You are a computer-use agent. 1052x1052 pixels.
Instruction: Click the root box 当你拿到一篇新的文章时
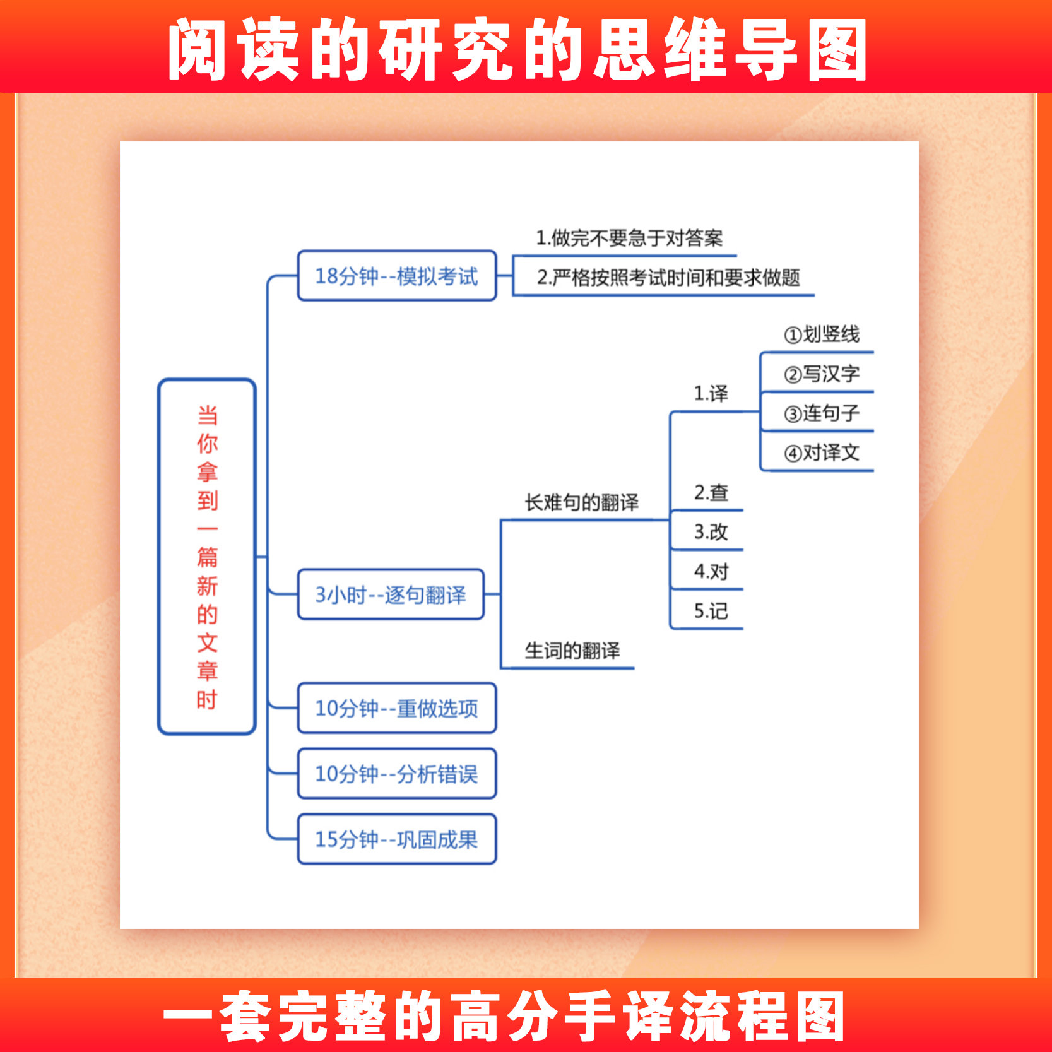coord(207,557)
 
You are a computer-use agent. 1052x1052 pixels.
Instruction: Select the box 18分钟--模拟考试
coord(396,276)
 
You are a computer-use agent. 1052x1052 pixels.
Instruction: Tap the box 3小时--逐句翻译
coord(391,594)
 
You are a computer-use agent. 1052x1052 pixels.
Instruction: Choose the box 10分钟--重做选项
coord(396,708)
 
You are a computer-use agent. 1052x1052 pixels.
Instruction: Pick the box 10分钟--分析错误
coord(396,774)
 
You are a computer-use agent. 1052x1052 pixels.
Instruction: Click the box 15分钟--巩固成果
coord(396,839)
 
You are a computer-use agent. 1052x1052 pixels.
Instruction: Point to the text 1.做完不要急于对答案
coord(629,239)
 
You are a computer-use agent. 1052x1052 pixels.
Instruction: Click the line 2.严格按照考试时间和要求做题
coord(668,278)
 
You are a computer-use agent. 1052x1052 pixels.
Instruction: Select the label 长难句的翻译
coord(581,502)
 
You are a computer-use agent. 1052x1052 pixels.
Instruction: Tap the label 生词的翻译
coord(572,651)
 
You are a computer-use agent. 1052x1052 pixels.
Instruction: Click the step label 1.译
coord(711,394)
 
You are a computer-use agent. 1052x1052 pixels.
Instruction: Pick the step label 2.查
coord(711,493)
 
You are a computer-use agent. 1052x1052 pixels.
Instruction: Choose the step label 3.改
coord(711,532)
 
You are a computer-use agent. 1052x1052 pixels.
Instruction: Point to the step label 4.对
coord(711,572)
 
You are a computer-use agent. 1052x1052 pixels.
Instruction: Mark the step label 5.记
coord(711,611)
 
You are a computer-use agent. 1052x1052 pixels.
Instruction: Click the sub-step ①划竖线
coord(822,334)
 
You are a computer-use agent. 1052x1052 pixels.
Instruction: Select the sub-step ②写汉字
coord(822,374)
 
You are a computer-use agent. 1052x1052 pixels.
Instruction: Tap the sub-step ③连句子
coord(822,413)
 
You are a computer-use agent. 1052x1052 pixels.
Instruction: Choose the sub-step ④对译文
coord(822,452)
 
